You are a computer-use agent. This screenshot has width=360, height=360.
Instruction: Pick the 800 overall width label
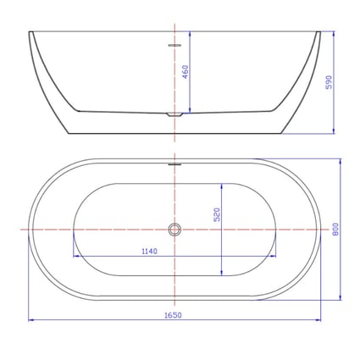click(x=336, y=229)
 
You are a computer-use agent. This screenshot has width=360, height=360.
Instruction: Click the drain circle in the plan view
click(x=174, y=230)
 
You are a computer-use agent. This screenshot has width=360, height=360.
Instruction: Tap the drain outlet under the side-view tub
click(x=174, y=114)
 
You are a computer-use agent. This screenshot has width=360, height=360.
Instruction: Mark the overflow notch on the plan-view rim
click(x=175, y=163)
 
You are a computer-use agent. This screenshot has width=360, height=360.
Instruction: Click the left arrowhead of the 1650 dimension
click(x=31, y=320)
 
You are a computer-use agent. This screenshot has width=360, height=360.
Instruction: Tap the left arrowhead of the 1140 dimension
click(x=76, y=256)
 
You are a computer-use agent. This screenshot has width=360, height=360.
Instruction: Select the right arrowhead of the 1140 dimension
click(x=273, y=256)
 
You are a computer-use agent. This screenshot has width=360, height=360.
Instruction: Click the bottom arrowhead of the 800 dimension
click(x=341, y=297)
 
